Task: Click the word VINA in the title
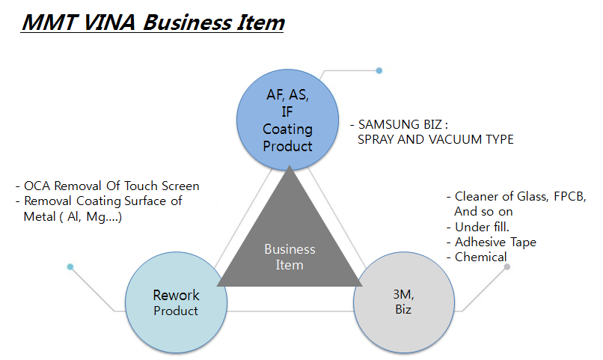point(105,22)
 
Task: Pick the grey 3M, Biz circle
point(402,302)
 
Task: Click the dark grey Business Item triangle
point(290,247)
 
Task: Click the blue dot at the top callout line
point(379,70)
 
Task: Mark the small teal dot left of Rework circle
point(70,266)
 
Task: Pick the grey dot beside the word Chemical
point(507,266)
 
